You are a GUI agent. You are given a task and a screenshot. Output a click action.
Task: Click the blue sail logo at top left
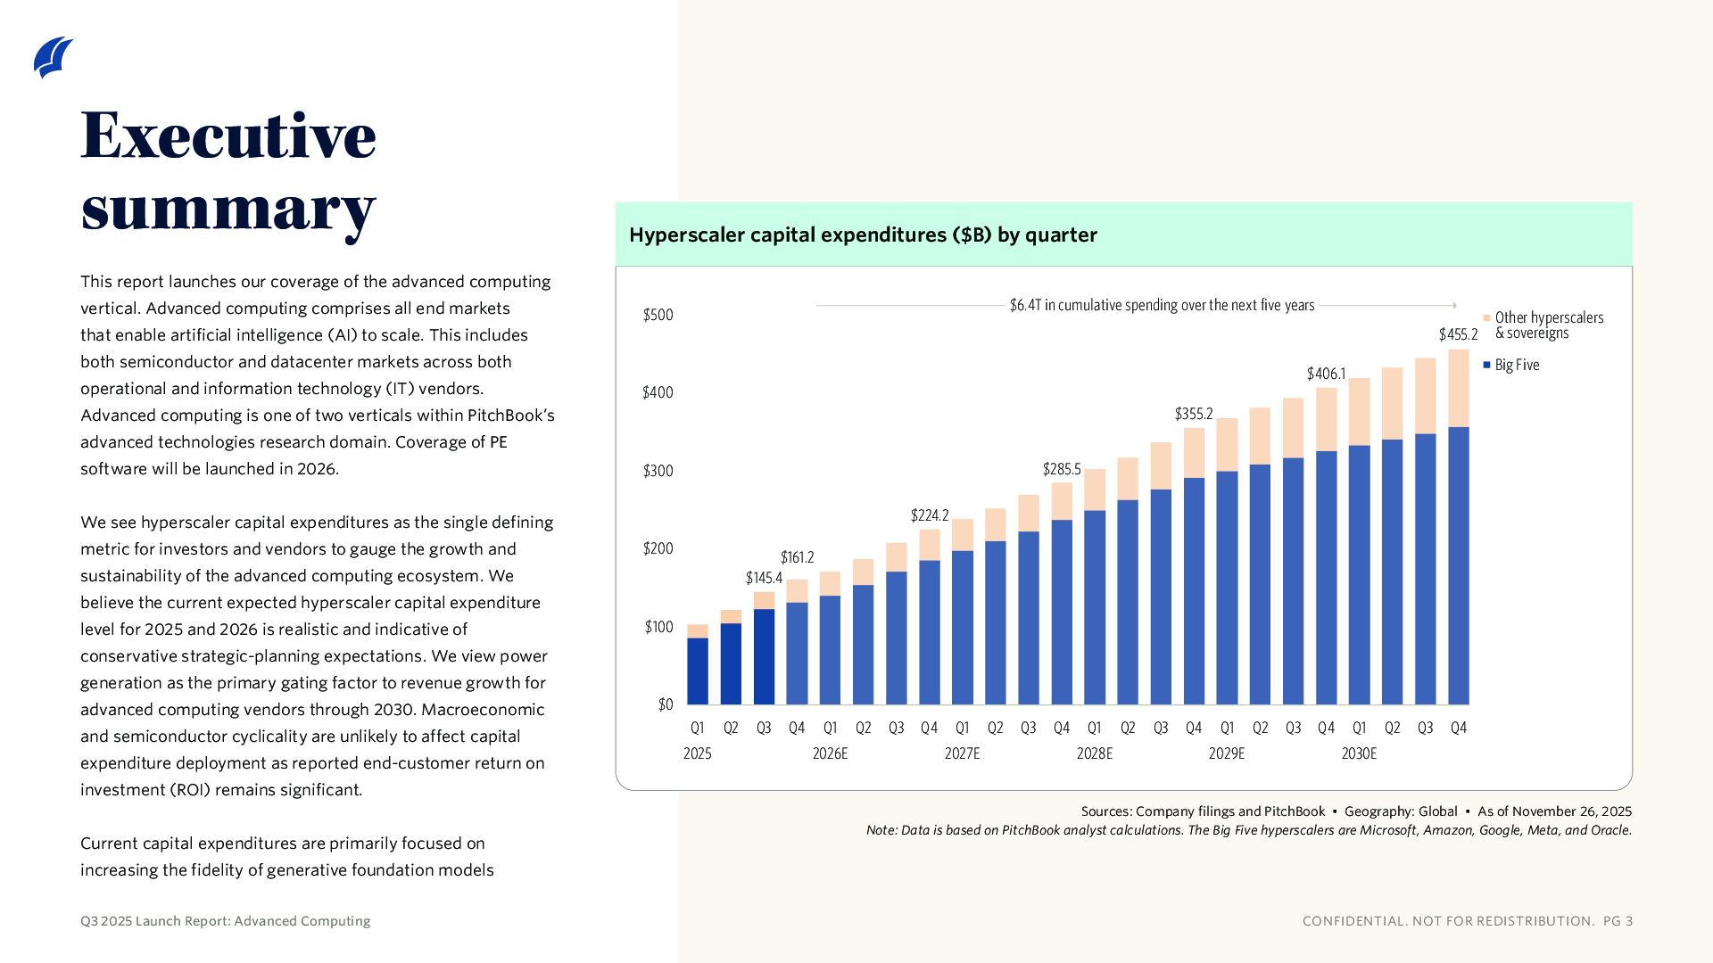53,58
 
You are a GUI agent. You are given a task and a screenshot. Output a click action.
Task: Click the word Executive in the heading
228,136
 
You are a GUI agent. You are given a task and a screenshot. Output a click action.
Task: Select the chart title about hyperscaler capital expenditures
863,235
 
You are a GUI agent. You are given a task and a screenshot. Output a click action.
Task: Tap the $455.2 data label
1458,334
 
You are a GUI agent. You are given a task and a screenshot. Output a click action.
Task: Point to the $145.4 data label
764,578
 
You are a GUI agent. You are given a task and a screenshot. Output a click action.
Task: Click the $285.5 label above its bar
1061,469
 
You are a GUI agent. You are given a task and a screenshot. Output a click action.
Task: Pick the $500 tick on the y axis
658,315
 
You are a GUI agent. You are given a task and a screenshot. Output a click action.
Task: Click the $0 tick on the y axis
666,704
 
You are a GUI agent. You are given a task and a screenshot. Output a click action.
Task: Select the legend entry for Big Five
1517,365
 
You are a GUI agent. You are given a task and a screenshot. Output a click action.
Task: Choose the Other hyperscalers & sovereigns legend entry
1548,325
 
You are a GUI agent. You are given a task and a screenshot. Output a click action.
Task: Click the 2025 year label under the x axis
698,753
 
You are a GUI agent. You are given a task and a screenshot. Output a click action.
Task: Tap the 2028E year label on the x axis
1095,753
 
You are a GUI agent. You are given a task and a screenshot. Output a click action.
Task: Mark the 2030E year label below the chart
1359,753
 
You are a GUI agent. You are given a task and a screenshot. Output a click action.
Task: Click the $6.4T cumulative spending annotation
1162,305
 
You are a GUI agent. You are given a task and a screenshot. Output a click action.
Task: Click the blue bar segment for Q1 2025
698,671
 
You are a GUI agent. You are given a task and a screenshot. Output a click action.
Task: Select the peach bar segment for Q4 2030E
1459,388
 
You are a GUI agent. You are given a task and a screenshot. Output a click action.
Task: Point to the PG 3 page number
1618,921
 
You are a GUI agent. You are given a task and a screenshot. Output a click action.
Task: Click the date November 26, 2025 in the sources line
1572,811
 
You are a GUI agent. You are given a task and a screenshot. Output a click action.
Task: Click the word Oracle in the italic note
1610,830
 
